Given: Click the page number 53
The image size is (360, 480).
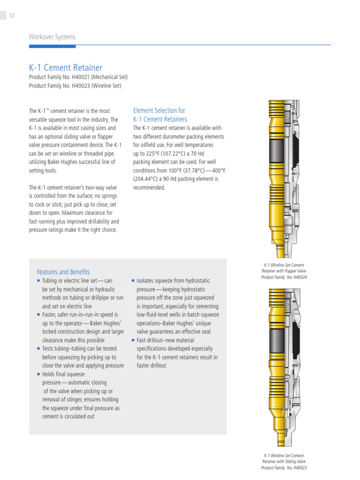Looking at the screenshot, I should pyautogui.click(x=12, y=15).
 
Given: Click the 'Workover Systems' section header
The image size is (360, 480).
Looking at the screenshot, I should pyautogui.click(x=52, y=37).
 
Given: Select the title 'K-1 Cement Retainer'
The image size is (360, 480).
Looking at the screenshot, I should pyautogui.click(x=66, y=67).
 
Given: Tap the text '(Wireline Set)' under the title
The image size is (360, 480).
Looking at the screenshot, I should pyautogui.click(x=106, y=86).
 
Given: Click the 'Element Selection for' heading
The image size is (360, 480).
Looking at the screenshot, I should pyautogui.click(x=159, y=111).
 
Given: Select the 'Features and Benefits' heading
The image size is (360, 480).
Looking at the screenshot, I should pyautogui.click(x=63, y=272).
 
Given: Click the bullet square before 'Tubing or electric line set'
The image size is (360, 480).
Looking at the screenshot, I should pyautogui.click(x=38, y=280).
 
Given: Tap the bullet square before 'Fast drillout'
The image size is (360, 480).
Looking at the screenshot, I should pyautogui.click(x=133, y=340).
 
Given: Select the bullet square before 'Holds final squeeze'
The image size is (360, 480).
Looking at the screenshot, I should pyautogui.click(x=38, y=374).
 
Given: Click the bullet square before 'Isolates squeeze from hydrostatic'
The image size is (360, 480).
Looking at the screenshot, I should pyautogui.click(x=133, y=280).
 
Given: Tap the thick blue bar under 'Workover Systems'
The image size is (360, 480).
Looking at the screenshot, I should pyautogui.click(x=52, y=46).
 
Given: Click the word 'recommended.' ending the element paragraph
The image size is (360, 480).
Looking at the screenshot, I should pyautogui.click(x=149, y=187).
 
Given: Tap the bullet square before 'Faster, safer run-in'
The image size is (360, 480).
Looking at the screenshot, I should pyautogui.click(x=38, y=315).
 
